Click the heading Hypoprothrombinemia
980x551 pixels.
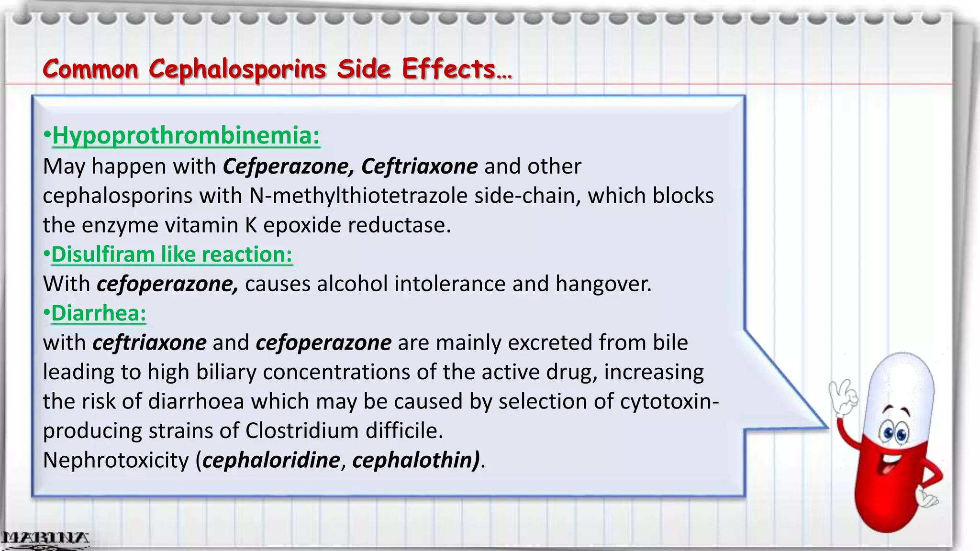(186, 135)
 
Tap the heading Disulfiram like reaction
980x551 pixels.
(171, 254)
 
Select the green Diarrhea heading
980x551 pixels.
(98, 313)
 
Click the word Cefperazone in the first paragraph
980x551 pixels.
(289, 166)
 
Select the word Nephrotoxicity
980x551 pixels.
(116, 460)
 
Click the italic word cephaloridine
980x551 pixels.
(271, 460)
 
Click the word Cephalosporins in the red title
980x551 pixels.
(237, 69)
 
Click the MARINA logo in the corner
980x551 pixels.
(44, 539)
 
